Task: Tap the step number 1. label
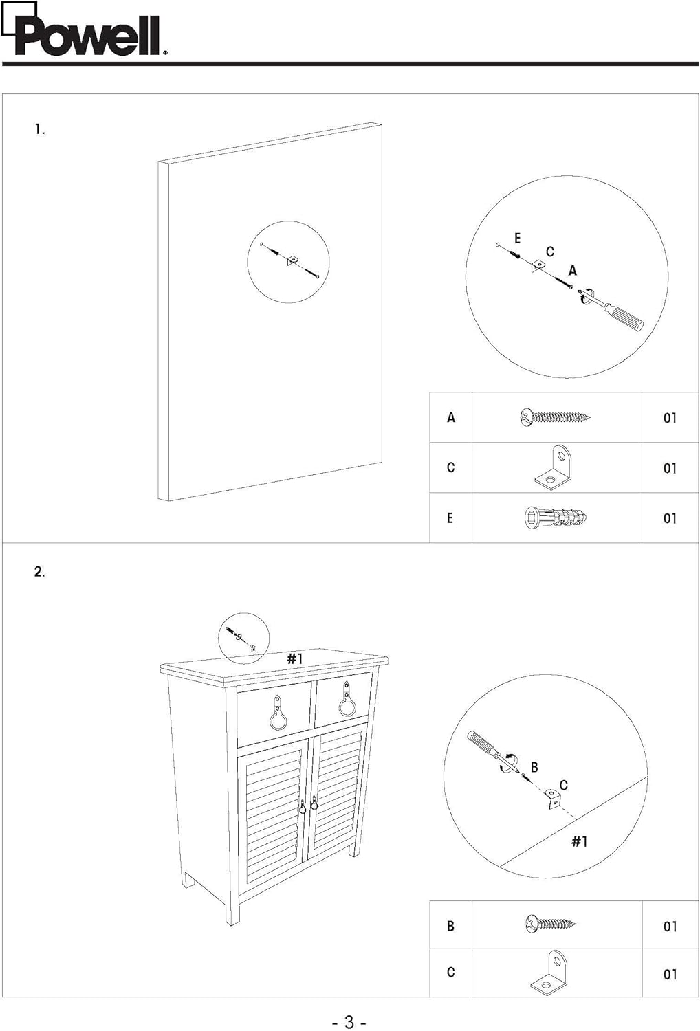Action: (40, 129)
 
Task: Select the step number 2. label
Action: (40, 572)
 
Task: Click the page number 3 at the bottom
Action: (349, 1022)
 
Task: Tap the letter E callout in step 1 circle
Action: (517, 239)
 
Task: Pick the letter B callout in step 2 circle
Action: (534, 767)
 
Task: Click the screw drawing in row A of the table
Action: (556, 417)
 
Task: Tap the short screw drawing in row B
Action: (550, 924)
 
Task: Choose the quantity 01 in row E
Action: (670, 518)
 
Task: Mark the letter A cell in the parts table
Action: (451, 417)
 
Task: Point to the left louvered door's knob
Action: (302, 807)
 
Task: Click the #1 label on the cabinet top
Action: (295, 658)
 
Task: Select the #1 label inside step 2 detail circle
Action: (580, 841)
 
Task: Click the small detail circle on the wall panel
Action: (288, 261)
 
